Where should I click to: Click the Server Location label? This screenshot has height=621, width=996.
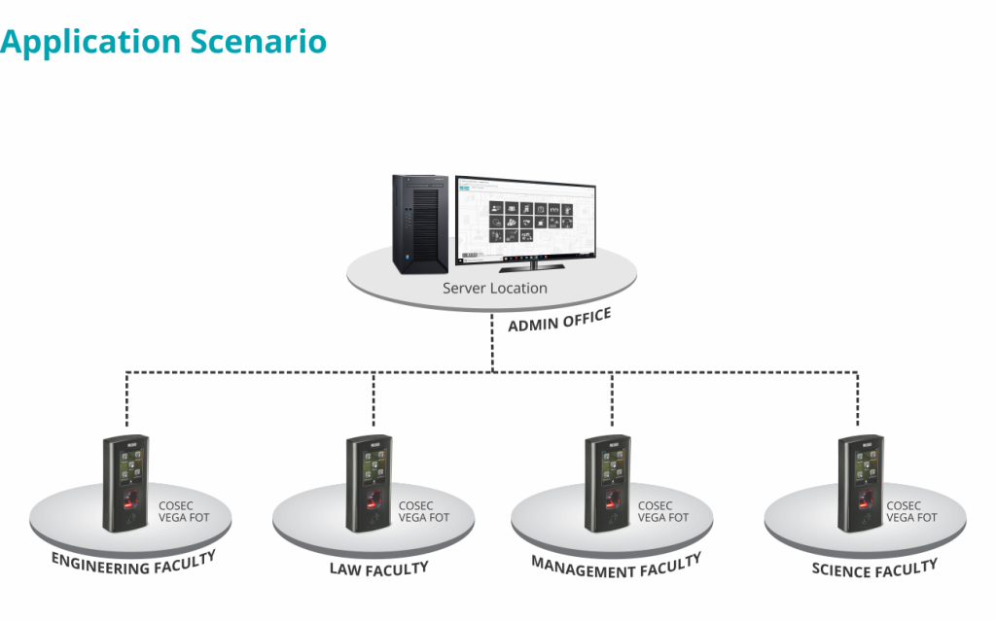pos(494,289)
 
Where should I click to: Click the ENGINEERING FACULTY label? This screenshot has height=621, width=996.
pos(132,563)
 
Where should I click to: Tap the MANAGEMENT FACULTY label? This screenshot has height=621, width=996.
pos(616,564)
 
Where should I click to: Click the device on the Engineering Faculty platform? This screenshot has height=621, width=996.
pos(126,483)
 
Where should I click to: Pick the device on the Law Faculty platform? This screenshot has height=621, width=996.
pos(370,483)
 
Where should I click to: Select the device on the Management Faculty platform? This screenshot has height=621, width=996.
pos(609,483)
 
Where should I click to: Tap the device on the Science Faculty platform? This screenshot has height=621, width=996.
pos(862,483)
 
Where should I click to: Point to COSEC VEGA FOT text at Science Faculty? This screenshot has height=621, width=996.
pos(911,512)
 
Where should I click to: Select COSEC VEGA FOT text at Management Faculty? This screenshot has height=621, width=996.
pos(662,512)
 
